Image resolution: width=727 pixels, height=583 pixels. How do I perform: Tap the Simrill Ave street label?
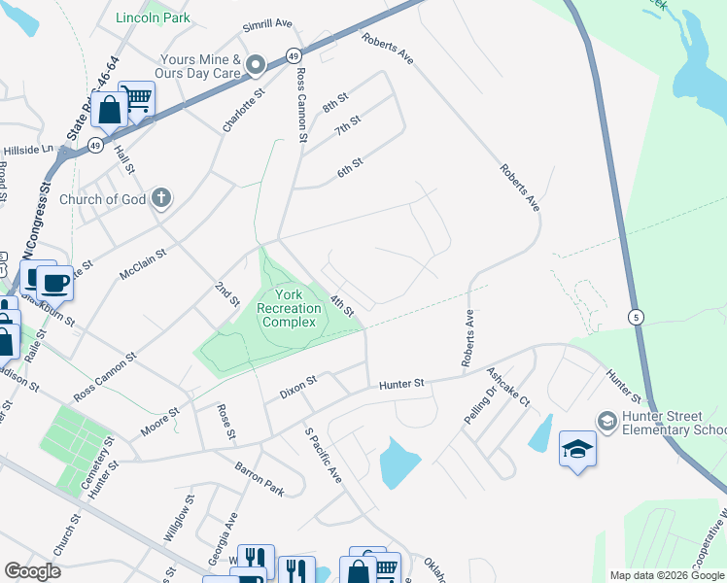pos(269,23)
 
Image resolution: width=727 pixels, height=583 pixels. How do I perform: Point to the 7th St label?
pos(347,125)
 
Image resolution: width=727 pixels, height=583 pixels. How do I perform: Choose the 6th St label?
pos(350,167)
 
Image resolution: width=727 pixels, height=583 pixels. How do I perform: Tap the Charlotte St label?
pos(244,111)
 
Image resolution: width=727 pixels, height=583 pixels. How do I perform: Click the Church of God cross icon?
pos(161,199)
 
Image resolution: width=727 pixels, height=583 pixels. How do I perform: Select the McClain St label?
pos(143,264)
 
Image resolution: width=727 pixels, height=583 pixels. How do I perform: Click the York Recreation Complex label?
pos(289,308)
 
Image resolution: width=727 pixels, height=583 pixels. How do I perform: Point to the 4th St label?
pos(341,304)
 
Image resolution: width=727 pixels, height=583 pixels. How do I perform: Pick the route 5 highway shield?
pos(635,317)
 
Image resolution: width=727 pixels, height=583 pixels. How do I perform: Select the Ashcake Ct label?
pos(508,386)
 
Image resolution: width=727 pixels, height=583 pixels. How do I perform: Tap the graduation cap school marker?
pos(577,449)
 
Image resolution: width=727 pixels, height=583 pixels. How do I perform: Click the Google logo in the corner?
pos(32,571)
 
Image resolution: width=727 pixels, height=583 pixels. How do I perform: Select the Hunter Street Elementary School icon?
pos(607,419)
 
